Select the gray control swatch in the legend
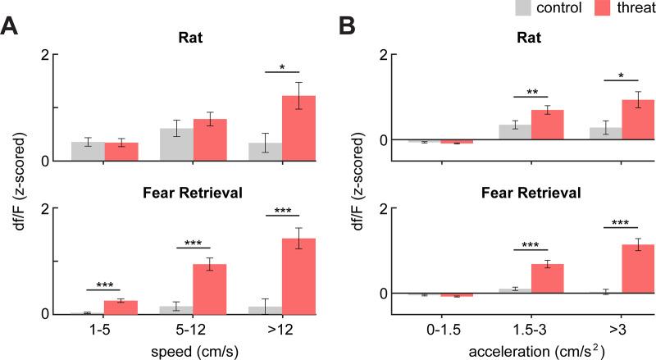[501, 8]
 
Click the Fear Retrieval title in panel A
[194, 194]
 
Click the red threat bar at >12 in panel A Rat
[298, 129]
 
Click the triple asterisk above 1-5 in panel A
[104, 285]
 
